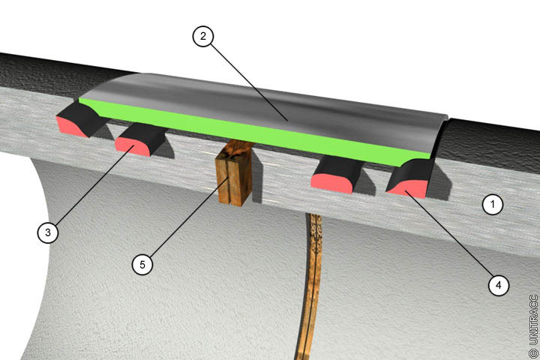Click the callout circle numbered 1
[493, 205]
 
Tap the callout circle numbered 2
[202, 36]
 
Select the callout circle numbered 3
[48, 232]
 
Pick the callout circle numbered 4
[498, 285]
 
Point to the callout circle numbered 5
[142, 264]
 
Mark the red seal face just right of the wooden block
[331, 183]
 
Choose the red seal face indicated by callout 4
[406, 189]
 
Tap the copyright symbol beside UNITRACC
[533, 353]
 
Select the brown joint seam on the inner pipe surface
[310, 286]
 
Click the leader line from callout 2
[249, 82]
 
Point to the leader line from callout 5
[189, 217]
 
